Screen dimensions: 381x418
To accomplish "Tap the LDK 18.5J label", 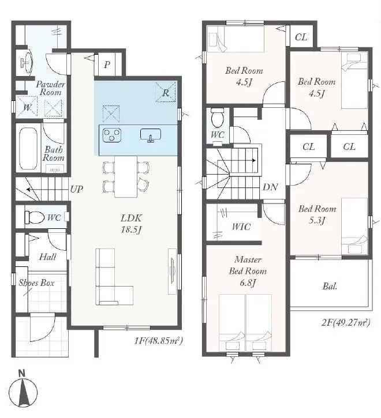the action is [x=131, y=224].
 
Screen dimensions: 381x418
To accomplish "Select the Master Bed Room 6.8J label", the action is [x=248, y=271].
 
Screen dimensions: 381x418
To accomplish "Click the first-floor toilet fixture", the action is [x=34, y=217].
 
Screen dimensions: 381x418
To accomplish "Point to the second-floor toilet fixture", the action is [x=218, y=118].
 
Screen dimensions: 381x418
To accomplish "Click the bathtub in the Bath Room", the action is [x=28, y=149].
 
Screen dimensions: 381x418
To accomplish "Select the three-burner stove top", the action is [x=112, y=135].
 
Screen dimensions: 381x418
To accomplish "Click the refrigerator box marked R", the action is [x=166, y=92].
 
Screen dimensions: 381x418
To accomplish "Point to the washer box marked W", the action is [x=27, y=107].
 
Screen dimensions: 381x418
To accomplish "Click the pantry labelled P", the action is [x=107, y=64].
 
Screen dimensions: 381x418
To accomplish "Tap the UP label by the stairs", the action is [x=77, y=189].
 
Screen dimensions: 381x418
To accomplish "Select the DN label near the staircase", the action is [x=271, y=187].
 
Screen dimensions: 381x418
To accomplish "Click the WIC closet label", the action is [x=241, y=227].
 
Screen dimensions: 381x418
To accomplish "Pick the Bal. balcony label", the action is [x=330, y=287].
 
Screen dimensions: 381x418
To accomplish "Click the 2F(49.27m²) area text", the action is [x=346, y=322].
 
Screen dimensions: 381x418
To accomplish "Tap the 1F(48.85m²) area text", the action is [x=159, y=340].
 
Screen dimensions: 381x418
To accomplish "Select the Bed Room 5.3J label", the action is [x=317, y=214].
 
